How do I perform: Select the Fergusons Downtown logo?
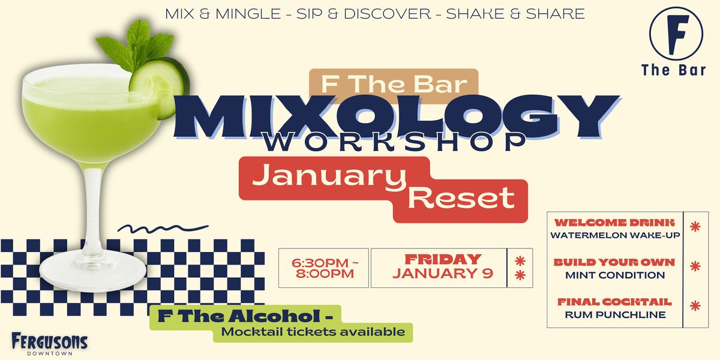[x=49, y=344]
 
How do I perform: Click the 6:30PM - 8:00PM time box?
[x=323, y=268]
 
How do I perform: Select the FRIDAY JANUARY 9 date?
[x=442, y=267]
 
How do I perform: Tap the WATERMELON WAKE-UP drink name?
[x=615, y=235]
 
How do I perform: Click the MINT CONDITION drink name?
[x=615, y=275]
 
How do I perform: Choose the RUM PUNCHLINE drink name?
[x=615, y=314]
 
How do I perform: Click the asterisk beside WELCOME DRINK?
[x=695, y=227]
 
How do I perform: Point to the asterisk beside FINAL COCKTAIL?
[x=695, y=305]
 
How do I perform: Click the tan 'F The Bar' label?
[x=393, y=83]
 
